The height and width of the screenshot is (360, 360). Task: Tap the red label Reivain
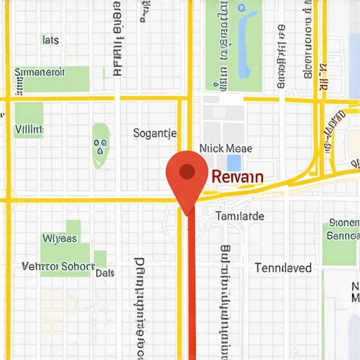pyautogui.click(x=237, y=176)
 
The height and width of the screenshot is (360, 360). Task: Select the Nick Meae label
pyautogui.click(x=226, y=149)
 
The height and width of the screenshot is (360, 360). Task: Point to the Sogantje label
pyautogui.click(x=155, y=133)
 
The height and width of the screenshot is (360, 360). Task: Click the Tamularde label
pyautogui.click(x=240, y=217)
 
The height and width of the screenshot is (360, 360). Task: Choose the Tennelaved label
pyautogui.click(x=283, y=268)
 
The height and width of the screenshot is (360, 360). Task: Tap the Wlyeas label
pyautogui.click(x=60, y=238)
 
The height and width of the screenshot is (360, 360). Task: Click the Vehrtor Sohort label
pyautogui.click(x=58, y=266)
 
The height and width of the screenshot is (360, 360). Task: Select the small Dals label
pyautogui.click(x=105, y=272)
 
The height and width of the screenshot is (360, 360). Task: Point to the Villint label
pyautogui.click(x=29, y=130)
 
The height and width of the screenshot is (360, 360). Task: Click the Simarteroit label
pyautogui.click(x=40, y=72)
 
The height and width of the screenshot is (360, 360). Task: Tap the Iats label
pyautogui.click(x=51, y=40)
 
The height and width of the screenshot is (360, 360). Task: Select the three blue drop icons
pyautogui.click(x=101, y=145)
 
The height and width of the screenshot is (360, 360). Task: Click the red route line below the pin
pyautogui.click(x=192, y=295)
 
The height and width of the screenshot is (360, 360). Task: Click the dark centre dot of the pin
pyautogui.click(x=186, y=170)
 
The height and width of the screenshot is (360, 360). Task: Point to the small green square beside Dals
pyautogui.click(x=101, y=258)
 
